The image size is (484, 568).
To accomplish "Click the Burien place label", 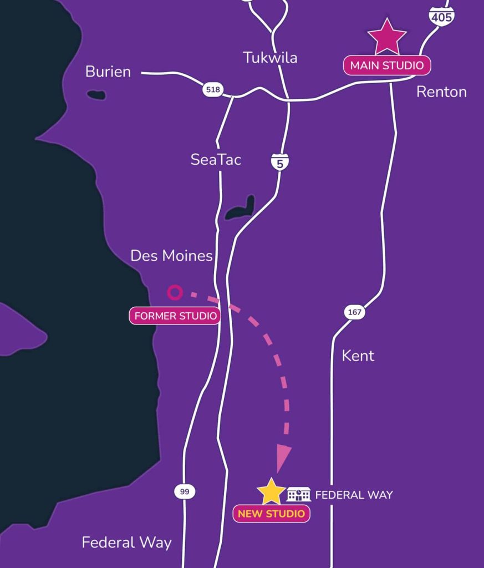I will pyautogui.click(x=108, y=72).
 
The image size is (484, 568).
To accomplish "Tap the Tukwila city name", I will pyautogui.click(x=270, y=58).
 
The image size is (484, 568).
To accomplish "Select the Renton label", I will pyautogui.click(x=441, y=92).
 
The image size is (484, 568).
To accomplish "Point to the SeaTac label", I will pyautogui.click(x=216, y=160).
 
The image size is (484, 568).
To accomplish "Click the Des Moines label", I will pyautogui.click(x=171, y=256).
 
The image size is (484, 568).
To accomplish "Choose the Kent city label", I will pyautogui.click(x=358, y=356).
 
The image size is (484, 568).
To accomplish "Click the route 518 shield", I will pyautogui.click(x=212, y=89).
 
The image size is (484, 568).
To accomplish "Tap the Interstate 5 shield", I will pyautogui.click(x=280, y=162).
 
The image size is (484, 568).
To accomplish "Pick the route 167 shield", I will pyautogui.click(x=354, y=312).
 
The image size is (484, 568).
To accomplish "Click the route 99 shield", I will pyautogui.click(x=185, y=491).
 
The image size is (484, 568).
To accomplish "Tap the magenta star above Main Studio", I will pyautogui.click(x=387, y=37).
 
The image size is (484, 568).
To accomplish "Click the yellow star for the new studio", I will pyautogui.click(x=271, y=491).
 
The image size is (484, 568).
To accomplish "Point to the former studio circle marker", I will pyautogui.click(x=175, y=292).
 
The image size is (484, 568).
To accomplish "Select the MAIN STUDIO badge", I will pyautogui.click(x=387, y=65).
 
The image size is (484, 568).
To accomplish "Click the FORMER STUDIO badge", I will pyautogui.click(x=175, y=316).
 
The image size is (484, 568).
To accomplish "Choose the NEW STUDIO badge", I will pyautogui.click(x=271, y=514).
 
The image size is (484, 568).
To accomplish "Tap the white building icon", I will pyautogui.click(x=299, y=494).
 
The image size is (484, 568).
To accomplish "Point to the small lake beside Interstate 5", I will pyautogui.click(x=241, y=209).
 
